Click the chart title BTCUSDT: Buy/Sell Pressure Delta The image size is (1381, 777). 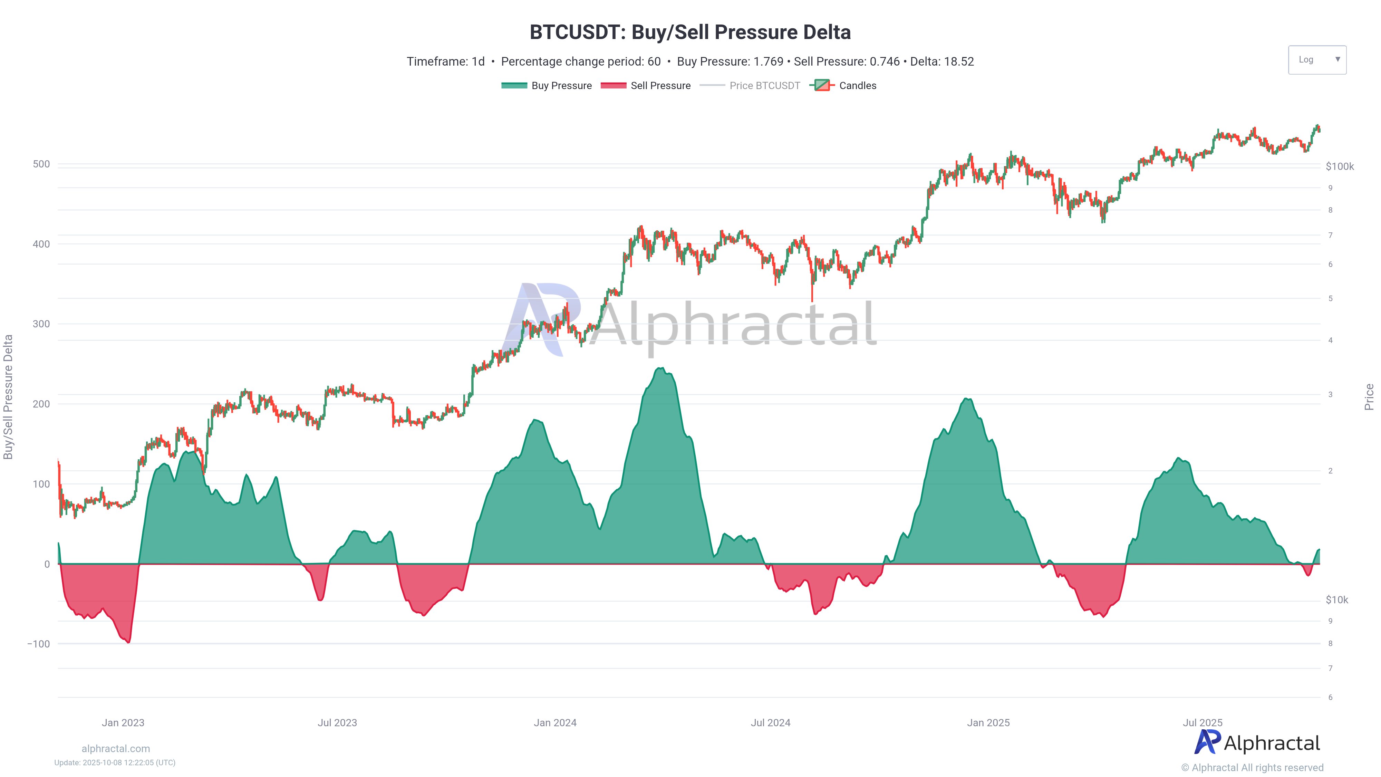pyautogui.click(x=690, y=32)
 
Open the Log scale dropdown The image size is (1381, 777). pyautogui.click(x=1317, y=59)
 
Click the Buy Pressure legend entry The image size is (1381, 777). pyautogui.click(x=547, y=86)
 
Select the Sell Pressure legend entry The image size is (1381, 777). pyautogui.click(x=646, y=86)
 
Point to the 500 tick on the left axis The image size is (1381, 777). pyautogui.click(x=41, y=164)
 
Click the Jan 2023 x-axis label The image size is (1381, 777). pyautogui.click(x=123, y=722)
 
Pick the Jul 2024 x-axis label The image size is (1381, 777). pyautogui.click(x=770, y=722)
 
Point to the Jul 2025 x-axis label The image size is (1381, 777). pyautogui.click(x=1203, y=722)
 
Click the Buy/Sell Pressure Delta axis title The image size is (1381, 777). pyautogui.click(x=8, y=397)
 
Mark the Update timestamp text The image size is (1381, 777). pyautogui.click(x=115, y=762)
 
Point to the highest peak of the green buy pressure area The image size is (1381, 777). pyautogui.click(x=661, y=368)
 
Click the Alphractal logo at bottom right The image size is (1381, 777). pyautogui.click(x=1257, y=743)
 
